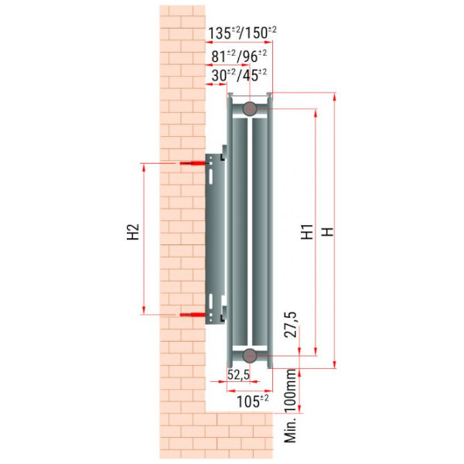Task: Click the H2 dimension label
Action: point(133,232)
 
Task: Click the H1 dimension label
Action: point(307,232)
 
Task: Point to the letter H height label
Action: point(328,232)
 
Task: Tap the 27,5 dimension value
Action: point(290,325)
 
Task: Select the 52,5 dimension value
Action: point(238,374)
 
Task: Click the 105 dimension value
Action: point(248,401)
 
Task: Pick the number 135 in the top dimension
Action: point(220,33)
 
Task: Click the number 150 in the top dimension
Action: point(256,32)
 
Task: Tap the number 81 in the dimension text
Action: point(219,56)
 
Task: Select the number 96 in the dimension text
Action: point(251,56)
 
